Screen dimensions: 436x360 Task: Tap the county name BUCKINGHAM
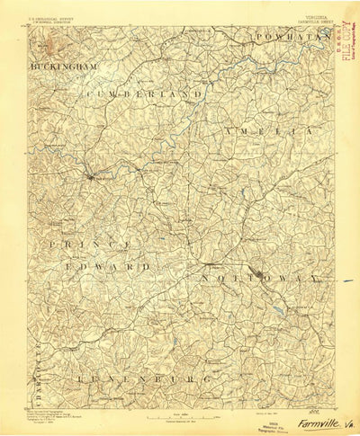62,67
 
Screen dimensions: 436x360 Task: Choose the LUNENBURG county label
145,380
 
